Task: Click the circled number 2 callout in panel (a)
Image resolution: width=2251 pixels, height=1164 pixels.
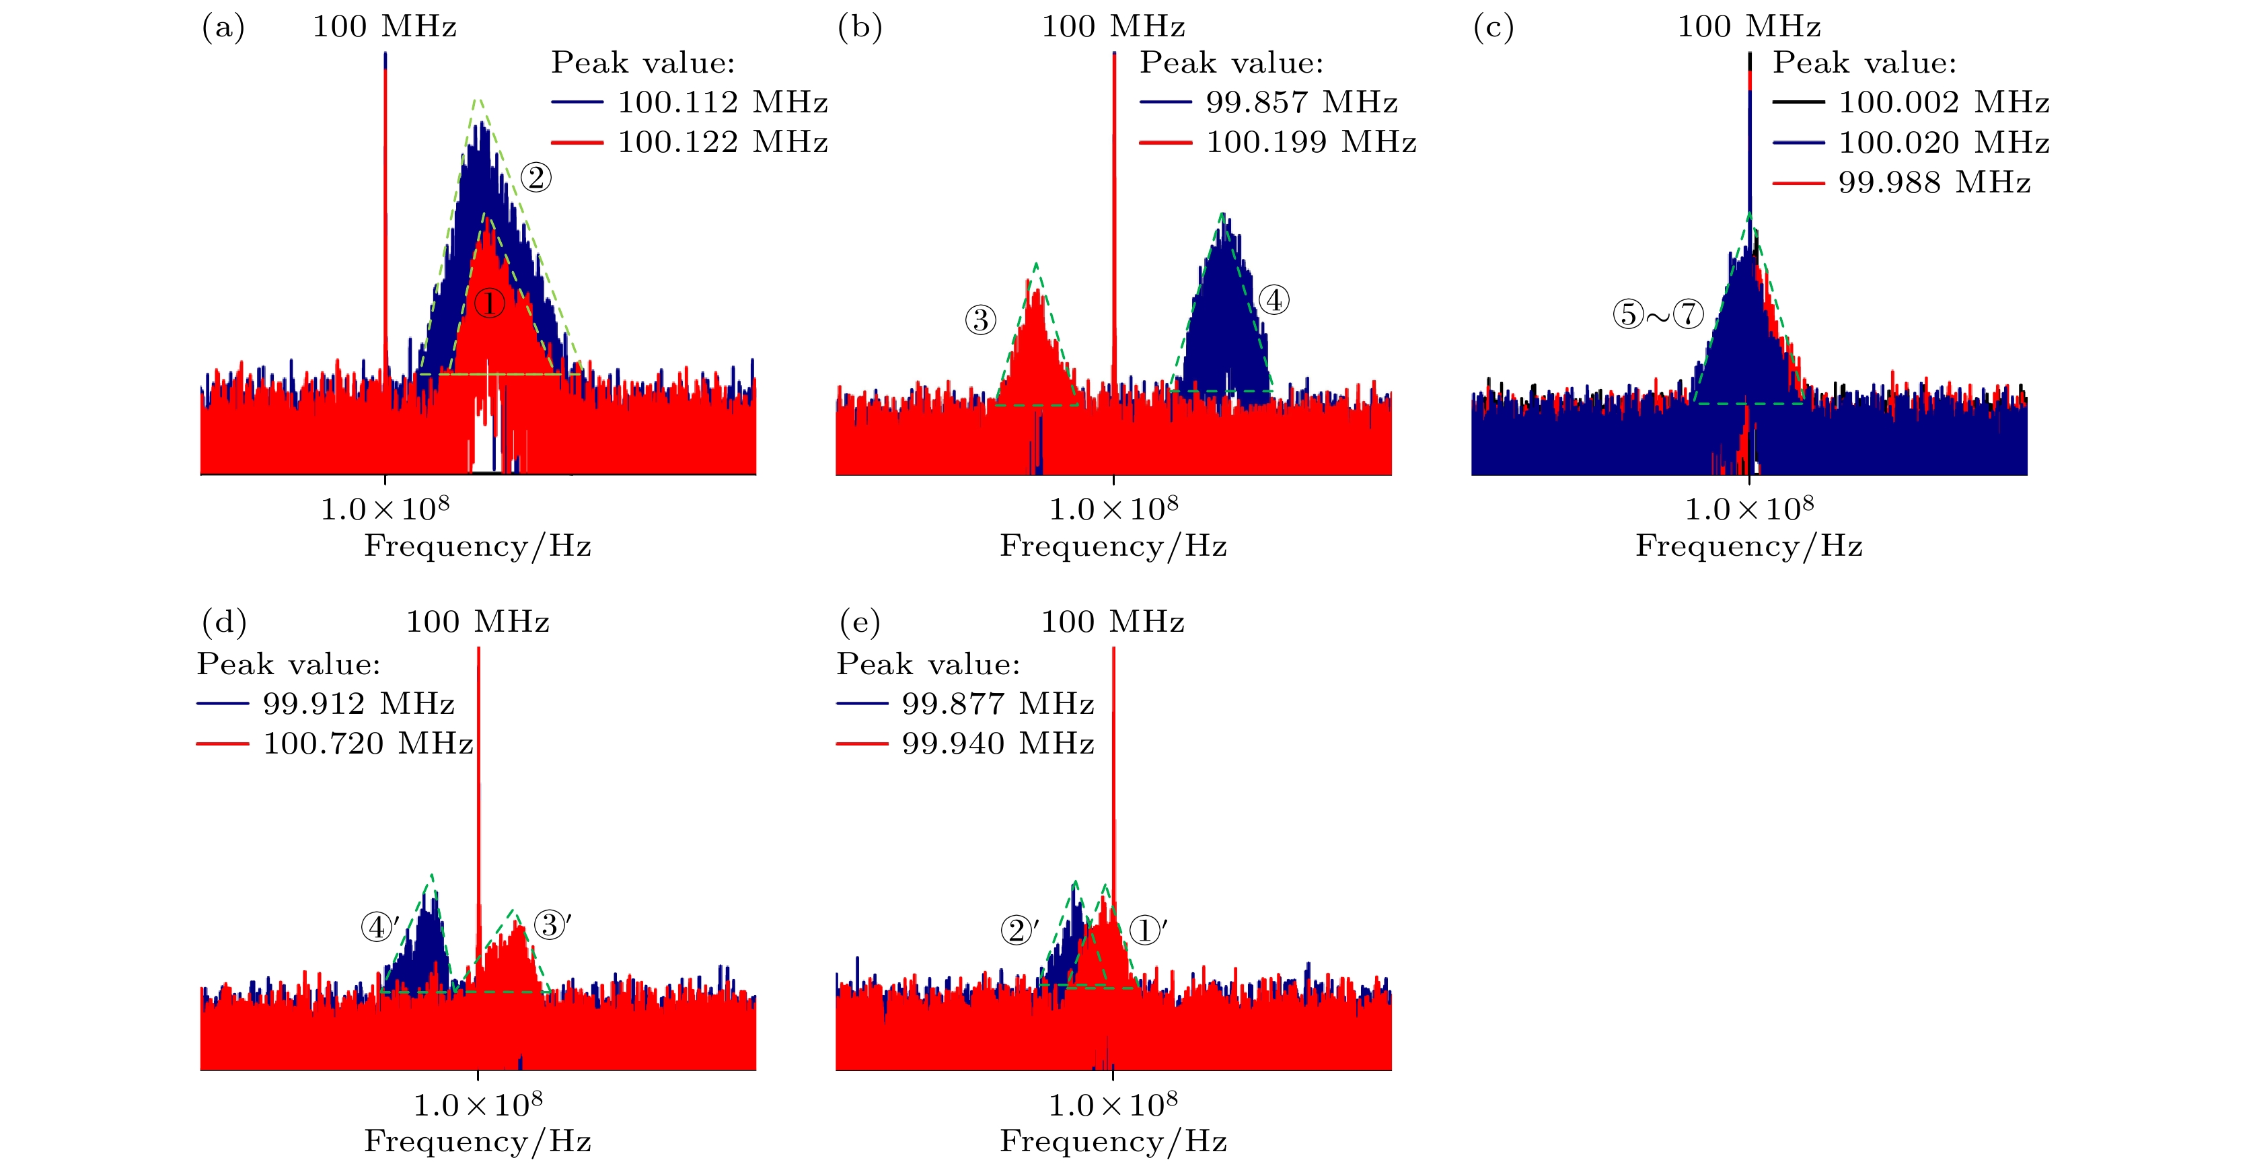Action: (x=536, y=178)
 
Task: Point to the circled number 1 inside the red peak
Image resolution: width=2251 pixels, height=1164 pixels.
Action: (x=489, y=304)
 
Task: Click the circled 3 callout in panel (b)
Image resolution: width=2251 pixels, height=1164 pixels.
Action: (x=980, y=320)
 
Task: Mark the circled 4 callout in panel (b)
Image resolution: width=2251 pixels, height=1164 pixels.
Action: (x=1274, y=299)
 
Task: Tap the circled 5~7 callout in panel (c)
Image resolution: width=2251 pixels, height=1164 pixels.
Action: (x=1658, y=314)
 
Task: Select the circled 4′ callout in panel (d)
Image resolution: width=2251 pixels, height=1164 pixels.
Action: (x=380, y=926)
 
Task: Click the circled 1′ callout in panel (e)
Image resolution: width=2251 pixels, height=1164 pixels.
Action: (x=1147, y=930)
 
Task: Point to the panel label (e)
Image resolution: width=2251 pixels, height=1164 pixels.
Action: (x=859, y=622)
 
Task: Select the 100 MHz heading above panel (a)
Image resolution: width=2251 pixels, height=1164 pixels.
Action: (x=385, y=26)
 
